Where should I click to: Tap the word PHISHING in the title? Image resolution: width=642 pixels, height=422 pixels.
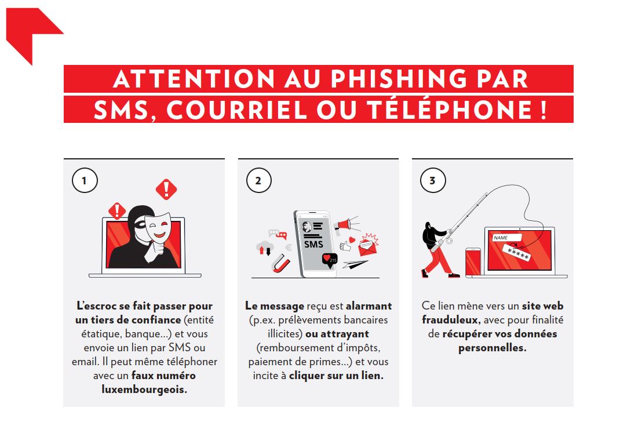(399, 79)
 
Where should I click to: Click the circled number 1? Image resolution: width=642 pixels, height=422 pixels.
(85, 180)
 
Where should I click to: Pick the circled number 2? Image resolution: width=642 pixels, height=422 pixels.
(259, 180)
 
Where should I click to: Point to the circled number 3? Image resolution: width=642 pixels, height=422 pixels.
(433, 180)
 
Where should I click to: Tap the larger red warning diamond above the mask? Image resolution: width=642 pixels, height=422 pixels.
(166, 190)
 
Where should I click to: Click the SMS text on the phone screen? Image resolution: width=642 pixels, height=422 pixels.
(313, 244)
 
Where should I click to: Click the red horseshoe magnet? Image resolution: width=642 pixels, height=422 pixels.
(281, 263)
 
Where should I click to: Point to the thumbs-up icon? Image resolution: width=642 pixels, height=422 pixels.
(345, 246)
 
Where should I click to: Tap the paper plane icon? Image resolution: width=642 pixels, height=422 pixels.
(355, 264)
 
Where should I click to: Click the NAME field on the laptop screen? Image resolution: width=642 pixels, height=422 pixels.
(507, 238)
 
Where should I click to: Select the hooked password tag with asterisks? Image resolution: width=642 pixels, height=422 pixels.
(517, 252)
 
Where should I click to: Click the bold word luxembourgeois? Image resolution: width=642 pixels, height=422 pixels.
(144, 389)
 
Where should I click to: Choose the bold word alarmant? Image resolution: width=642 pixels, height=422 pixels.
(369, 306)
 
